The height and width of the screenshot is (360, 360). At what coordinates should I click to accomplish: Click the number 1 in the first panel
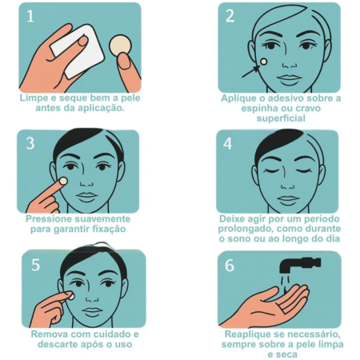[30, 15]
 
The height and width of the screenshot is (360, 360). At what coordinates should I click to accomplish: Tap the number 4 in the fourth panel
[227, 143]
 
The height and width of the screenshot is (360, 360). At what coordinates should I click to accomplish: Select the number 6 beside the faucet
[230, 265]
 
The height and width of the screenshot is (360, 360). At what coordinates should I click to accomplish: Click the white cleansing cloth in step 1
[78, 50]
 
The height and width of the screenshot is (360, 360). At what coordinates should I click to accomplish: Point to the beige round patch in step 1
[121, 46]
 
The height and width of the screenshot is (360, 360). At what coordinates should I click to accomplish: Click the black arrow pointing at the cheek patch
[250, 71]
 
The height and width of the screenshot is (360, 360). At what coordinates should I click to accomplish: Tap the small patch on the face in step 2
[263, 62]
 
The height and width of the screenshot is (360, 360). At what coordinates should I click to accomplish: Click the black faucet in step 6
[300, 265]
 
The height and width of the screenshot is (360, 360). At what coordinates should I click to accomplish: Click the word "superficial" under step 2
[281, 118]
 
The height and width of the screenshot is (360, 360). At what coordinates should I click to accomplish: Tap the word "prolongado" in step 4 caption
[246, 229]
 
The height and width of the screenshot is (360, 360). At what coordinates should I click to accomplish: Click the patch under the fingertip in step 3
[63, 182]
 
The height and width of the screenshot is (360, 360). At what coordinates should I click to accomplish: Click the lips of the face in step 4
[287, 200]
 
